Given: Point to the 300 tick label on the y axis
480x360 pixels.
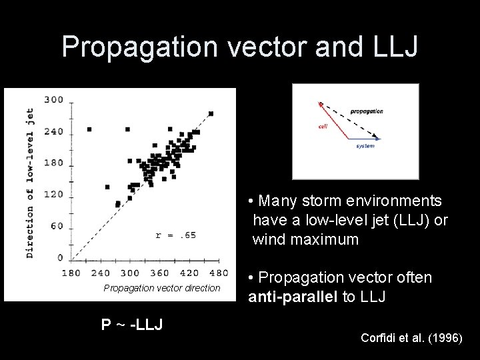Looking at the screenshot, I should [x=53, y=100].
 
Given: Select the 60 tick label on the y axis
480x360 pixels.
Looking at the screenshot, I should [x=57, y=226].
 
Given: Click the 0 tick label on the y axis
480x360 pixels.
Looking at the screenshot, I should [x=61, y=257].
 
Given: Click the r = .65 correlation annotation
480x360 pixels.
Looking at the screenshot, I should [x=175, y=235].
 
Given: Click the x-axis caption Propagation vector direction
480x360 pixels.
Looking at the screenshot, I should [x=161, y=288].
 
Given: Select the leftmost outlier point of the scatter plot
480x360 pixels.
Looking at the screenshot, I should [x=89, y=129].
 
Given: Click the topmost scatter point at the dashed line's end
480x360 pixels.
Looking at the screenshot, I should [x=211, y=114].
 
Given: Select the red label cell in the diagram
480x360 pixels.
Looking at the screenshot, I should [x=323, y=126].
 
